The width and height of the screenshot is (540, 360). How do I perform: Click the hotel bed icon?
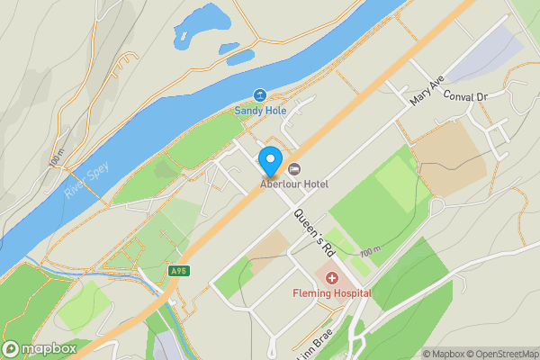pyautogui.click(x=294, y=169)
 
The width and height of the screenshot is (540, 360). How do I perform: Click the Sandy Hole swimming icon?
pyautogui.click(x=259, y=95)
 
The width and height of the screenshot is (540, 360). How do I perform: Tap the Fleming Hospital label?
pyautogui.click(x=331, y=293)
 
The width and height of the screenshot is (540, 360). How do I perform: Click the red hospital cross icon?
pyautogui.click(x=331, y=278)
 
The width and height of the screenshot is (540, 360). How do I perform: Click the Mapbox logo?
pyautogui.click(x=39, y=348)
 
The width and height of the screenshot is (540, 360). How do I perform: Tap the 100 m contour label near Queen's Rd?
pyautogui.click(x=370, y=254)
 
